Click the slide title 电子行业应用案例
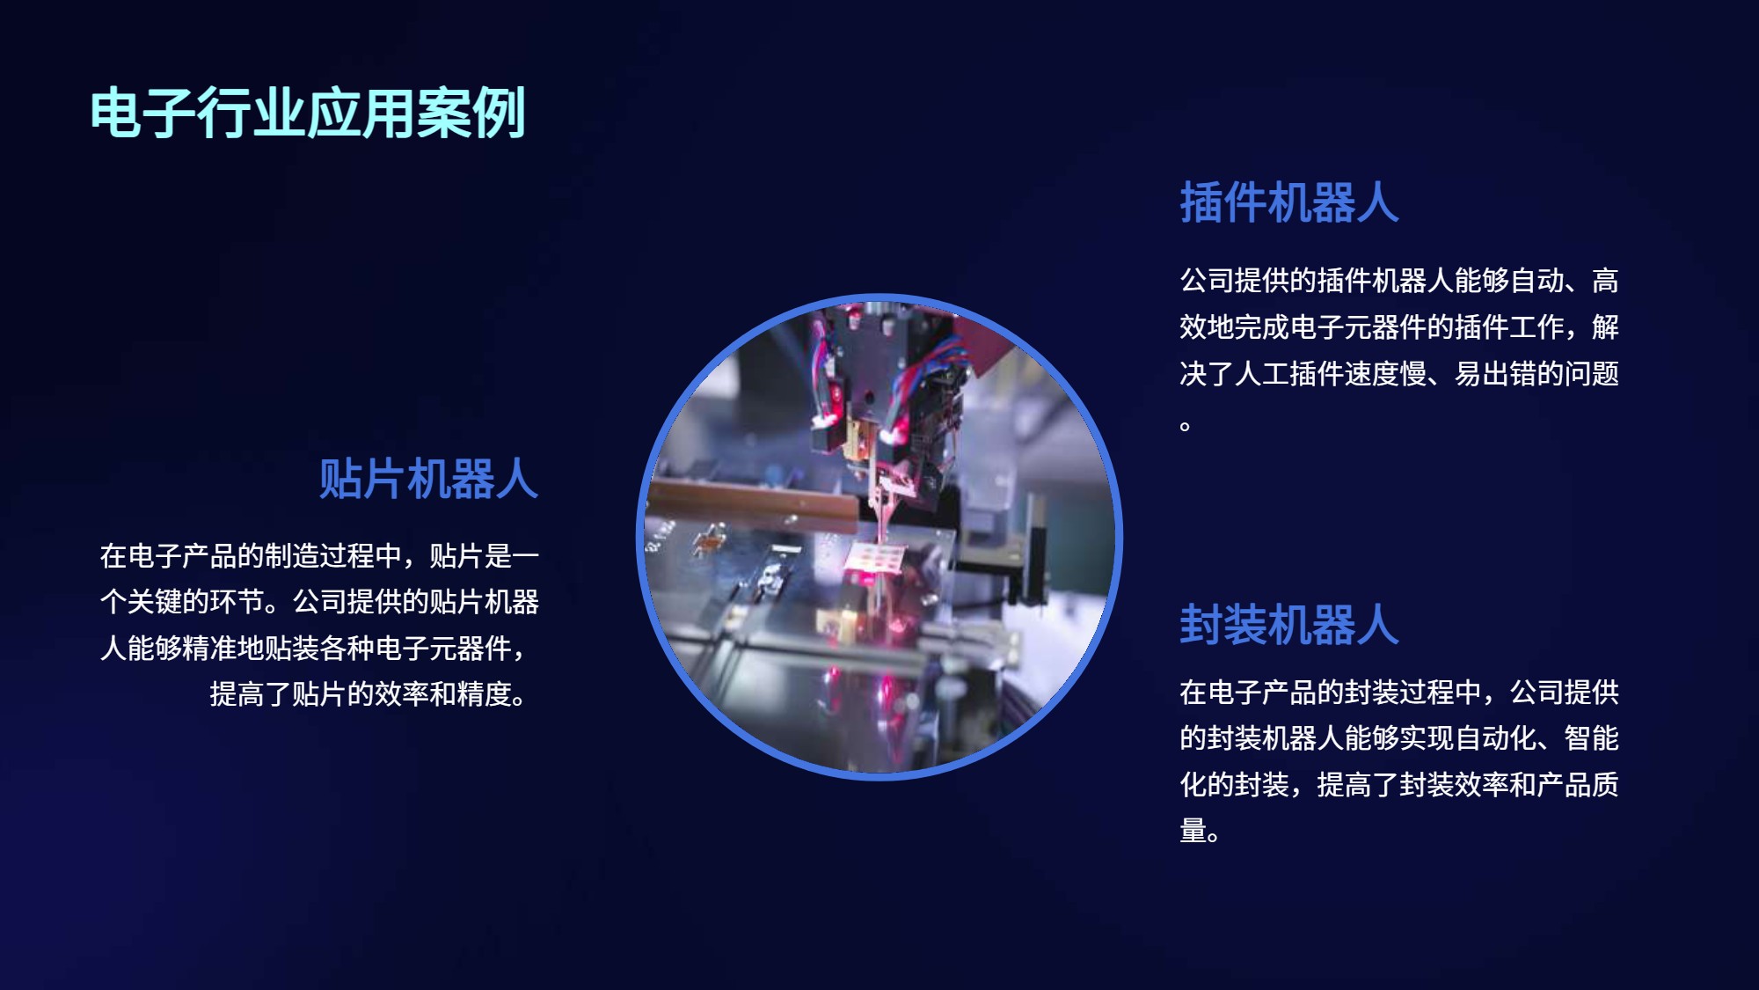click(x=308, y=113)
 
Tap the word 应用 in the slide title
click(x=362, y=113)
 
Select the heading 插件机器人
click(x=1289, y=202)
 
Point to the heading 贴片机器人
click(x=428, y=480)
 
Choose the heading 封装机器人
click(x=1289, y=625)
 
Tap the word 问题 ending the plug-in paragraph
click(x=1592, y=373)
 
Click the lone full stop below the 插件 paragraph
click(x=1186, y=426)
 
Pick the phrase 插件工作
click(x=1509, y=326)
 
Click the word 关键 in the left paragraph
click(x=155, y=602)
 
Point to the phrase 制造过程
click(x=320, y=556)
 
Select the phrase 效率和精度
click(x=442, y=694)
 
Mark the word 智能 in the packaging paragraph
click(x=1592, y=738)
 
